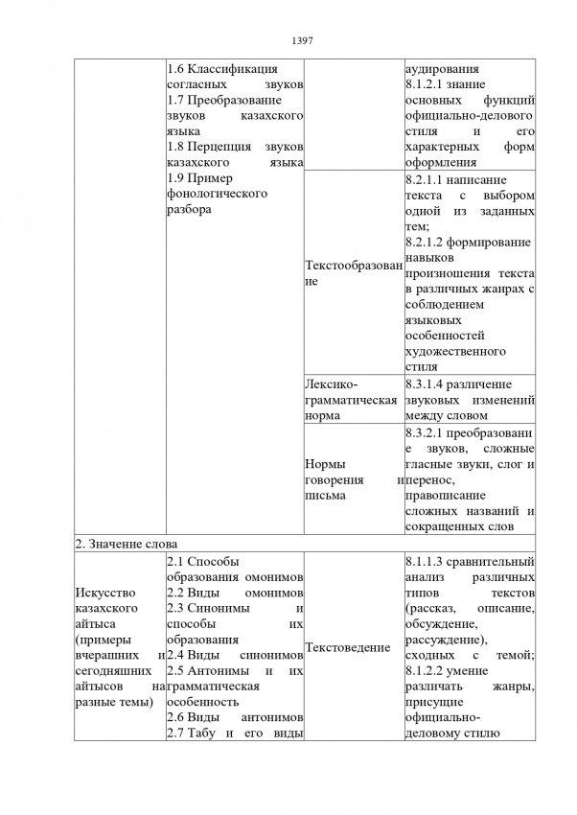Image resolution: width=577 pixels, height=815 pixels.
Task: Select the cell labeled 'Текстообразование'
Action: coord(351,273)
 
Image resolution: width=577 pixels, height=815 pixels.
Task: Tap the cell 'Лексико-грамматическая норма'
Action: coord(349,399)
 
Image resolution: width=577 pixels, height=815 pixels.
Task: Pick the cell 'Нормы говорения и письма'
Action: coord(349,477)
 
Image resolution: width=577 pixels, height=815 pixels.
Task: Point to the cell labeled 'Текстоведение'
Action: coord(347,648)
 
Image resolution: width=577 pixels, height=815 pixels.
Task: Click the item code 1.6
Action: coord(175,69)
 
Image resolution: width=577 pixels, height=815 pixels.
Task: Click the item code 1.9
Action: coord(175,178)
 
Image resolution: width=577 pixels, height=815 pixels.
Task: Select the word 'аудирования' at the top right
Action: coord(443,69)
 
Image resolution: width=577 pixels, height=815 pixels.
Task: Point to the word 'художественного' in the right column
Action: coord(454,351)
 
